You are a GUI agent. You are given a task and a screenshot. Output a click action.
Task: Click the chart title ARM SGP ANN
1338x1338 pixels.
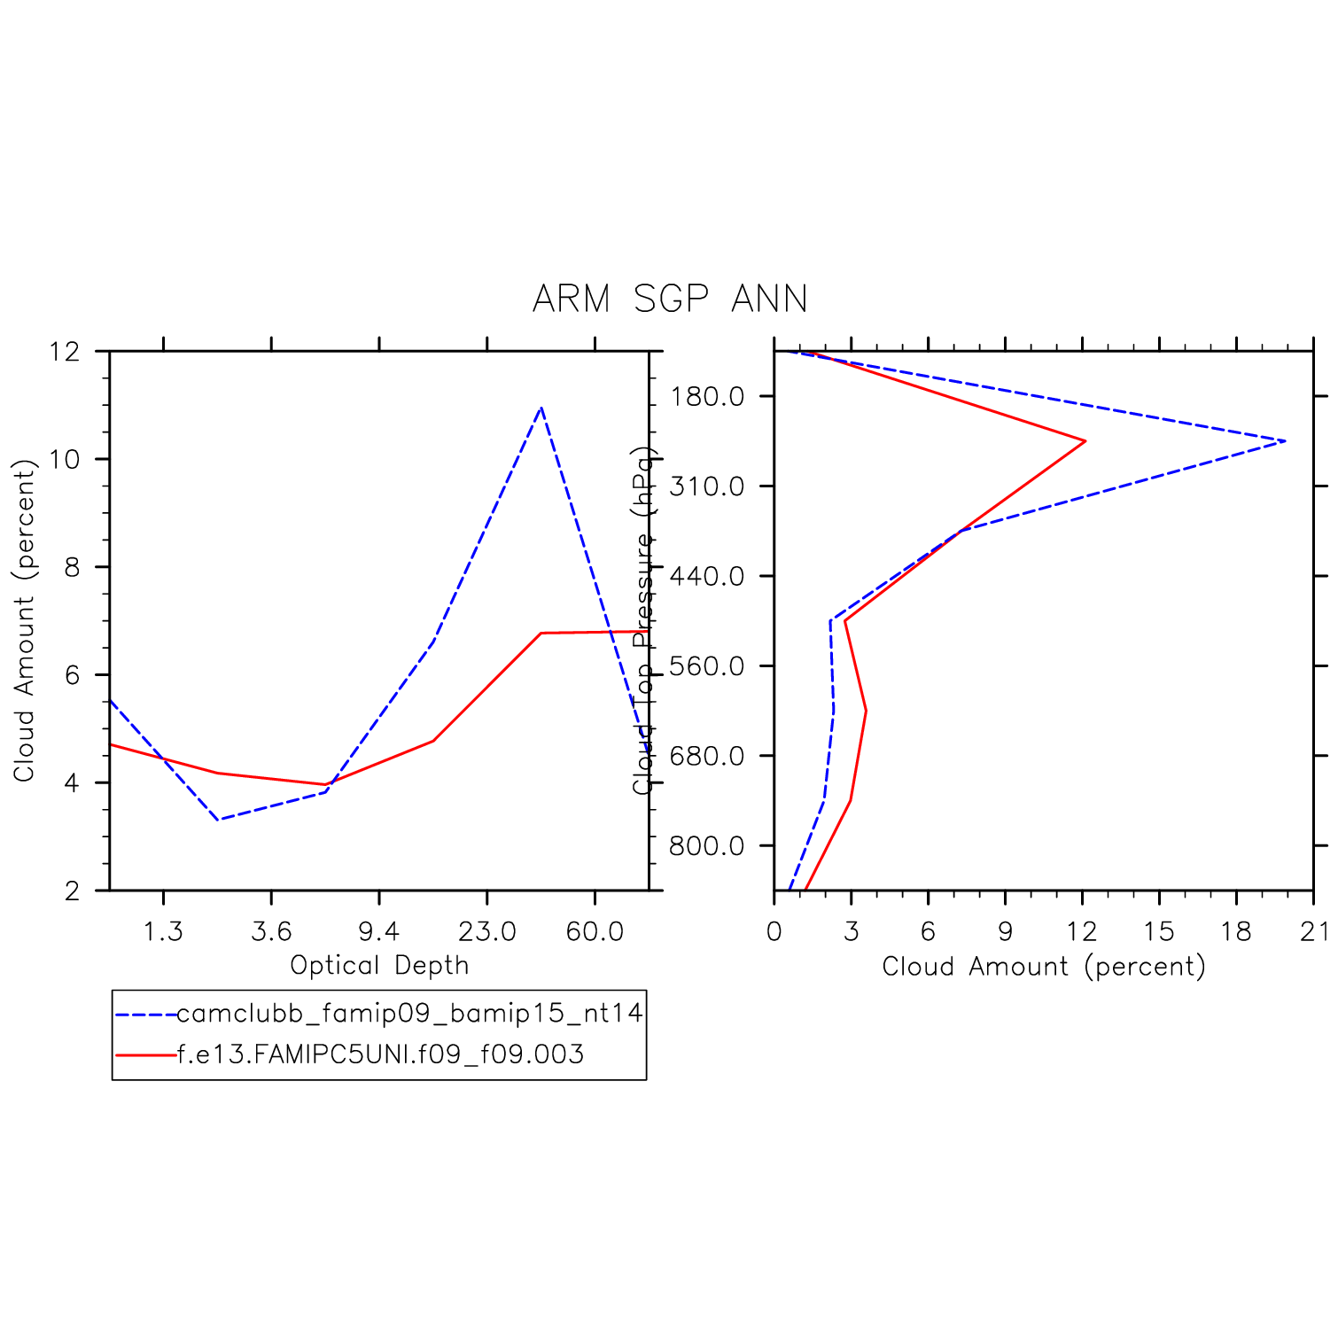[670, 299]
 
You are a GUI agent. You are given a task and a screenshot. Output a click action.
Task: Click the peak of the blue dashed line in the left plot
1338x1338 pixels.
[541, 408]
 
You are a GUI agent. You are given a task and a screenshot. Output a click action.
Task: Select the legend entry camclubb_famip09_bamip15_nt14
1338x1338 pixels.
[409, 1013]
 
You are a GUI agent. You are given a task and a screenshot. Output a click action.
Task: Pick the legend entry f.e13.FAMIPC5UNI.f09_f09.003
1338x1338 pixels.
[380, 1054]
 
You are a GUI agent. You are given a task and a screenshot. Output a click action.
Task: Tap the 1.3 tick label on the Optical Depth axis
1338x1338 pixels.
[163, 931]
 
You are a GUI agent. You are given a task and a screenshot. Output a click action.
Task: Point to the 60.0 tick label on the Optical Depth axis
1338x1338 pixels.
[595, 931]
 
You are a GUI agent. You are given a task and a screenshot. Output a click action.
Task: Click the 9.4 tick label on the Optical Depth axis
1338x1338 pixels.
[379, 931]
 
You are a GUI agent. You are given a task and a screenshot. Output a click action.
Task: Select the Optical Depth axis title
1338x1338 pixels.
[379, 965]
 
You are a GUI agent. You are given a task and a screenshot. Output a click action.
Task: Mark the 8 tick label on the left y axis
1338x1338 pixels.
[73, 567]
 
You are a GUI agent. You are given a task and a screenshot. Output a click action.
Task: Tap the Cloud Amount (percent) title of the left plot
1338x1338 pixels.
[24, 620]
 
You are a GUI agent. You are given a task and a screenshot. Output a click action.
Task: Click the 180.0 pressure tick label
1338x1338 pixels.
[707, 396]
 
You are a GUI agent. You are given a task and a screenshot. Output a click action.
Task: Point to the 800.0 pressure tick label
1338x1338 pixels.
[707, 846]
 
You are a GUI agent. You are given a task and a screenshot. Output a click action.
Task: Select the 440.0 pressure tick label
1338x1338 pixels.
[707, 577]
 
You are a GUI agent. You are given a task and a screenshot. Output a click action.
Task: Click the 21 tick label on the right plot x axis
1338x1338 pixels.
[1315, 931]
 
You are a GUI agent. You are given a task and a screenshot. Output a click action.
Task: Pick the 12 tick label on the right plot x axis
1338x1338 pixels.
[1082, 931]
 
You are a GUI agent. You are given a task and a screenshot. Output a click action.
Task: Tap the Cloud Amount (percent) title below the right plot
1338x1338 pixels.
[1044, 966]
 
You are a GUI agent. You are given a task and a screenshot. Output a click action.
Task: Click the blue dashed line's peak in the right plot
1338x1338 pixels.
[1285, 441]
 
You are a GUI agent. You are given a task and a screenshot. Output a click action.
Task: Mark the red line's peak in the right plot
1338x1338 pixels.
[1085, 441]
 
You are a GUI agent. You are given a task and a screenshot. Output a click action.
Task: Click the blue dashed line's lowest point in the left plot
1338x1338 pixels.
[218, 819]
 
